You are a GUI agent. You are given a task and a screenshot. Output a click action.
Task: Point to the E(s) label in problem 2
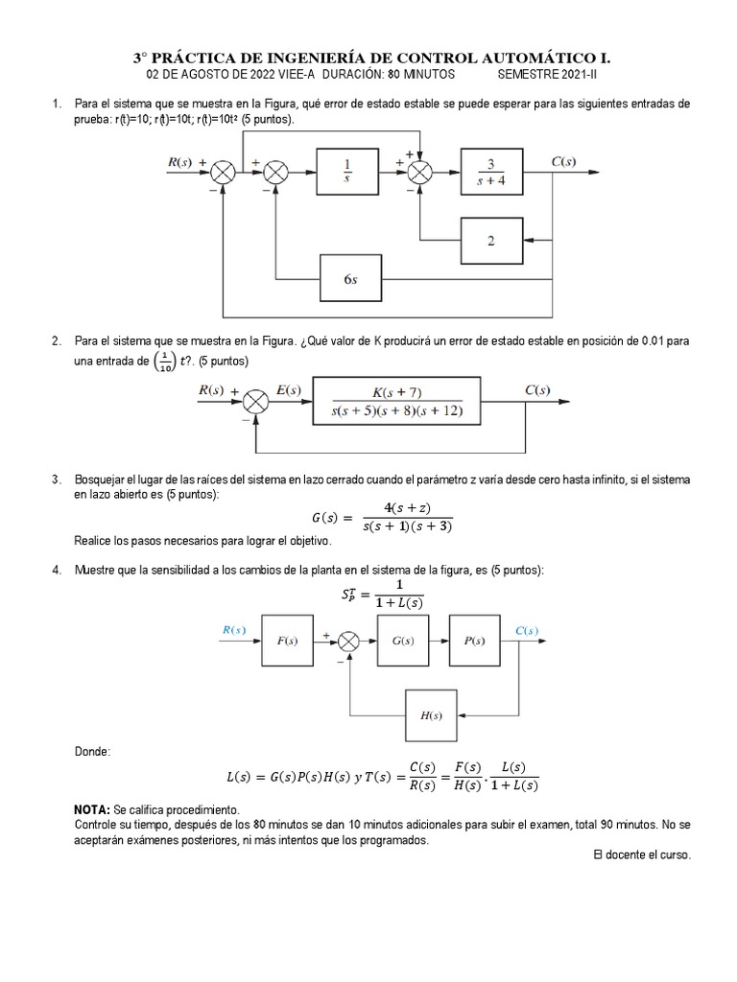point(288,390)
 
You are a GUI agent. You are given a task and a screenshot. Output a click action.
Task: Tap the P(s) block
point(477,641)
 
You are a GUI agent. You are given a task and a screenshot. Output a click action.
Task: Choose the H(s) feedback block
point(431,714)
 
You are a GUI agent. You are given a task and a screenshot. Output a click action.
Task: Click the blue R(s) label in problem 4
point(234,630)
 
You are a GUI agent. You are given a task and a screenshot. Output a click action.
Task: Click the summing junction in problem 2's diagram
point(254,403)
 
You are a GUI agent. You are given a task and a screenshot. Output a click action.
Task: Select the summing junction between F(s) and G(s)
point(349,641)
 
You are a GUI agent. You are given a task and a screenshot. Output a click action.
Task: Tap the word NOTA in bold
point(92,810)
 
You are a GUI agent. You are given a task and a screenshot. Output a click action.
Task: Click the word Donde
point(92,751)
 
